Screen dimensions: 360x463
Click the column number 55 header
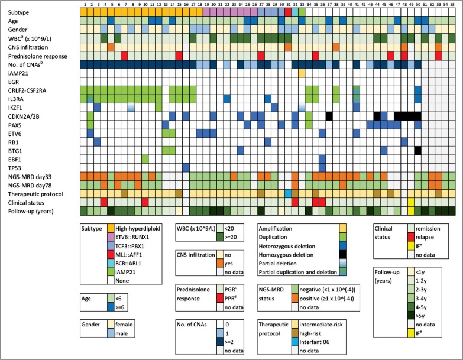pyautogui.click(x=451, y=4)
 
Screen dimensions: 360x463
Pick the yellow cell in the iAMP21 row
pyautogui.click(x=302, y=73)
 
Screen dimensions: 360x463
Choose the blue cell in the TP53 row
pyautogui.click(x=186, y=167)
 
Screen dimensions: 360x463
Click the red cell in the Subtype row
pyautogui.click(x=288, y=12)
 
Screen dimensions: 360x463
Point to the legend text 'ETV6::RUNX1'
pyautogui.click(x=133, y=237)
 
